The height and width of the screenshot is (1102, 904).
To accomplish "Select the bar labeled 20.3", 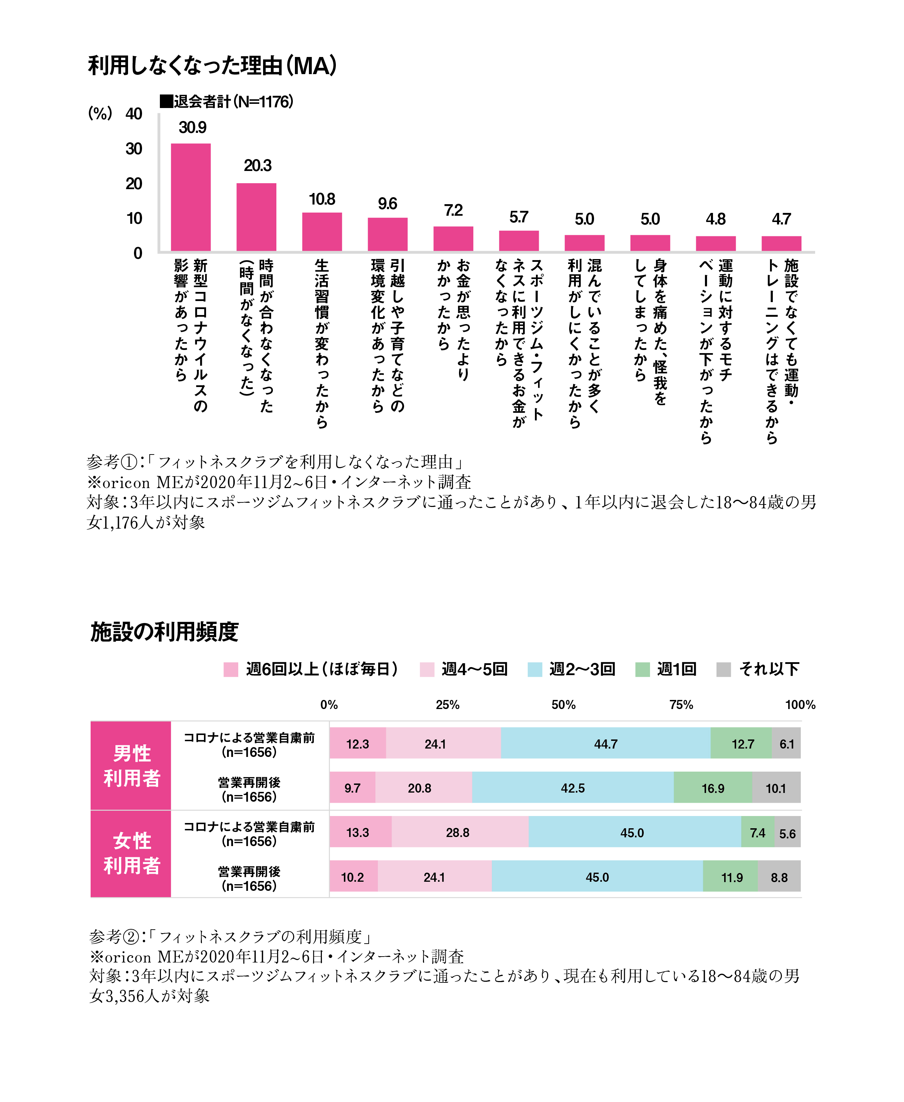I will click(x=256, y=217).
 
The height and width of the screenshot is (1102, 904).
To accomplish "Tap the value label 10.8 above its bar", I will click(x=322, y=199).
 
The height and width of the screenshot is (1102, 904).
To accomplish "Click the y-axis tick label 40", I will click(x=134, y=114).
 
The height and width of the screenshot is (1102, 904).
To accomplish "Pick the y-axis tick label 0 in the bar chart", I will click(x=137, y=253).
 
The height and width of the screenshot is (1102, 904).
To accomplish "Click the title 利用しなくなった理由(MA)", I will click(x=212, y=66).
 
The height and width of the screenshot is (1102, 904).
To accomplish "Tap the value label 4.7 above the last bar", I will click(x=781, y=219).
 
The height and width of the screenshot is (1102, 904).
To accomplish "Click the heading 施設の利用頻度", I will click(x=164, y=632).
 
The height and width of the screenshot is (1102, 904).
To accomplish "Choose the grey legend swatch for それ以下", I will click(x=723, y=669).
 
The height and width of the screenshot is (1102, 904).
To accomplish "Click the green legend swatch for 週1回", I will click(x=642, y=669).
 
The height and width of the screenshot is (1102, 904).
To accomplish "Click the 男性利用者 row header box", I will click(x=131, y=765).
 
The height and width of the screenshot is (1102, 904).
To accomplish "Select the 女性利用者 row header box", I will click(x=131, y=854).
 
